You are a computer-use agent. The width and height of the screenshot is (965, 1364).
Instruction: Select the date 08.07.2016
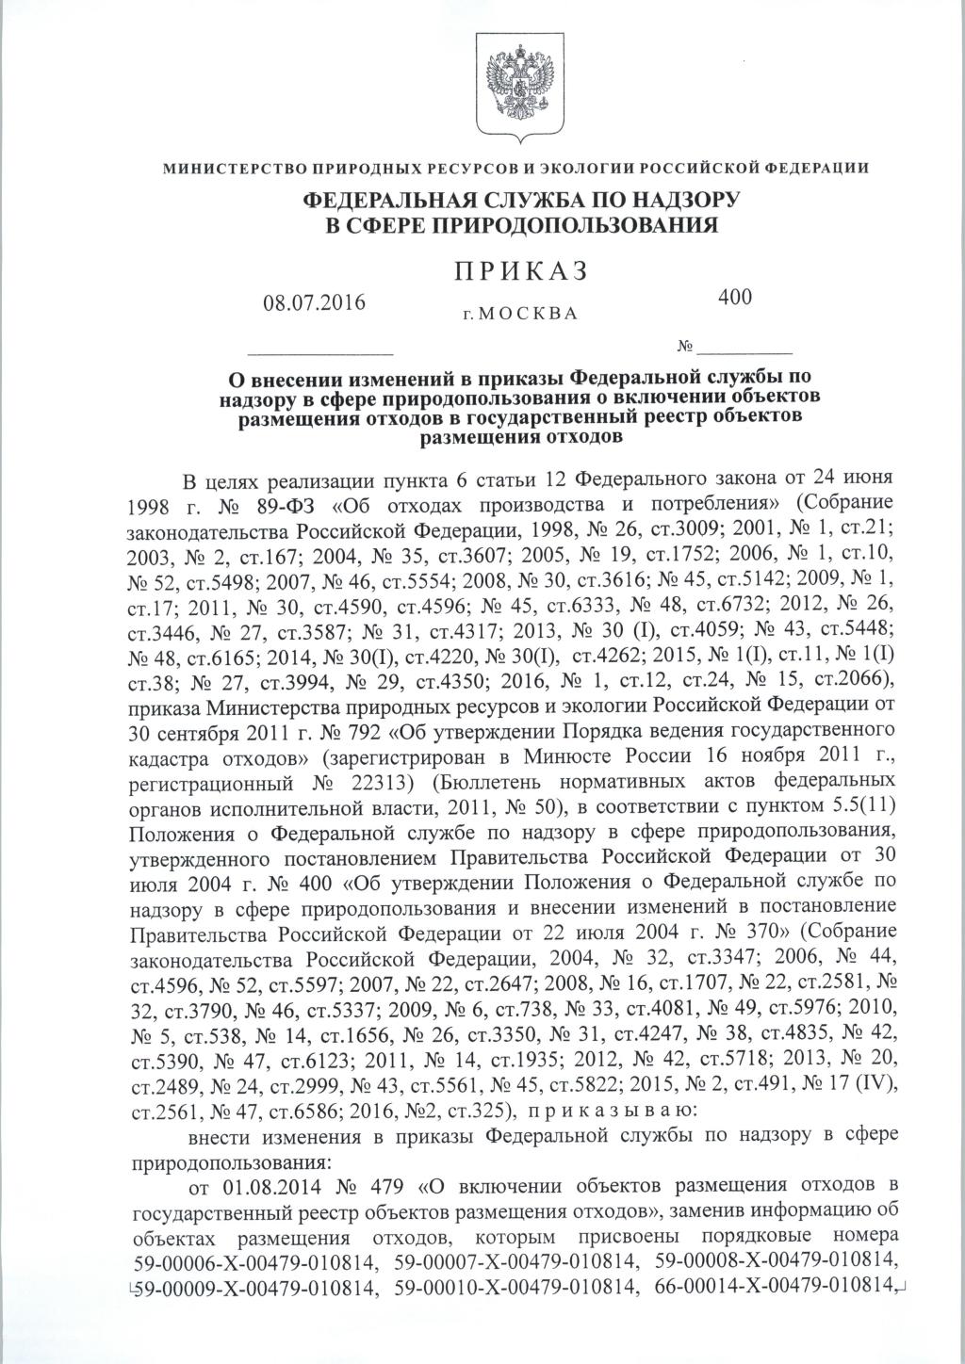[316, 304]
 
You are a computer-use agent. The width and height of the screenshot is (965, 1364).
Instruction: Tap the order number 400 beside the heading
[736, 297]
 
